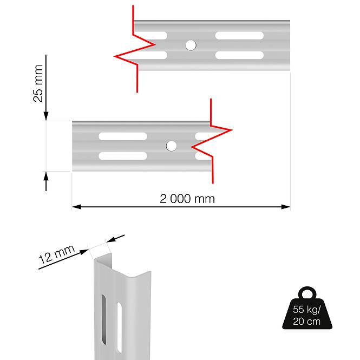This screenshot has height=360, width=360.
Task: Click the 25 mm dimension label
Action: coord(38,83)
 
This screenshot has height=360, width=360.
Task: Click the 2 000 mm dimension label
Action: coord(187,199)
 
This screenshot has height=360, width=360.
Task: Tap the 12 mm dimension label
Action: coord(57,254)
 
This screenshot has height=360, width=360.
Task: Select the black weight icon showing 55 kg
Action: coord(307,307)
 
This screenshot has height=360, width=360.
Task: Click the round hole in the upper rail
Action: coord(191,45)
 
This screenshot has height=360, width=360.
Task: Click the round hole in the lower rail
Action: coord(171,146)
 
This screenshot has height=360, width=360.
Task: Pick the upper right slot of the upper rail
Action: coord(239,36)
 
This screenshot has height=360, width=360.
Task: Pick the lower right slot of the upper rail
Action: coord(239,55)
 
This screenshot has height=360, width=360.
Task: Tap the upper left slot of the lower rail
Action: coord(123,136)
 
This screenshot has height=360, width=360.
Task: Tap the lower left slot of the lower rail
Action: coord(123,156)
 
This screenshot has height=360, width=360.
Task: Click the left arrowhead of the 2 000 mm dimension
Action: coord(76,207)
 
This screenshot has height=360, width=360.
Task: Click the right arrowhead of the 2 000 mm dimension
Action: coord(286,207)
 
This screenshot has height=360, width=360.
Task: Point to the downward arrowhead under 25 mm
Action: coord(46,116)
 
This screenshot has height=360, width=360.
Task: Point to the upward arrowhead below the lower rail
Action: coord(46,177)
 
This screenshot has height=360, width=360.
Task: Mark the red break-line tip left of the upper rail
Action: coord(114,56)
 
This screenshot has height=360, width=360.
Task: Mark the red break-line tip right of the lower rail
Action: coord(232,130)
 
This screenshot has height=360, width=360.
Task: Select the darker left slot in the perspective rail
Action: coord(104,319)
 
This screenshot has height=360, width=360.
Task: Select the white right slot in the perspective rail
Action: coord(120,328)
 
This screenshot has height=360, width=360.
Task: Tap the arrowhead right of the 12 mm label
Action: coord(112,239)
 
